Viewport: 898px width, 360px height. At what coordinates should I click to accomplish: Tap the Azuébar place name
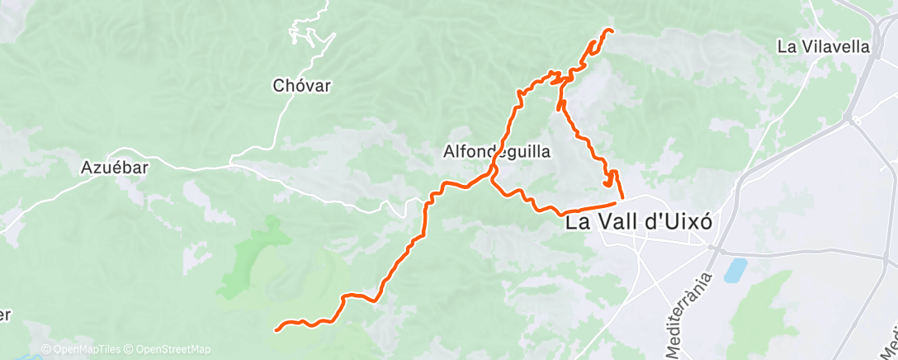coord(114,168)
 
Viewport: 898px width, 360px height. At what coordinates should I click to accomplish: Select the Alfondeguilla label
coord(496,152)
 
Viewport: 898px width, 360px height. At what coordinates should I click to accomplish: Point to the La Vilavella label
coord(824,47)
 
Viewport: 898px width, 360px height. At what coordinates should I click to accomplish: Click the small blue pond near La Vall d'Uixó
coord(735,270)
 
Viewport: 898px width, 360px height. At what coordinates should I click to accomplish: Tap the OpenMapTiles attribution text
coord(84,349)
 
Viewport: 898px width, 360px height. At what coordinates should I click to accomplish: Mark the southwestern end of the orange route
coord(276,330)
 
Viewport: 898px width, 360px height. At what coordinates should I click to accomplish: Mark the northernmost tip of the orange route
coord(610,31)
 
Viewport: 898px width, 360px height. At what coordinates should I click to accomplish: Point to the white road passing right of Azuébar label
coord(177,162)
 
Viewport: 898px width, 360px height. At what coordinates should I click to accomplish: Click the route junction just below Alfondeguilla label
coord(493,175)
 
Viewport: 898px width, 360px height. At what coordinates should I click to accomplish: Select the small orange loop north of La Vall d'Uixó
coord(610,179)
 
